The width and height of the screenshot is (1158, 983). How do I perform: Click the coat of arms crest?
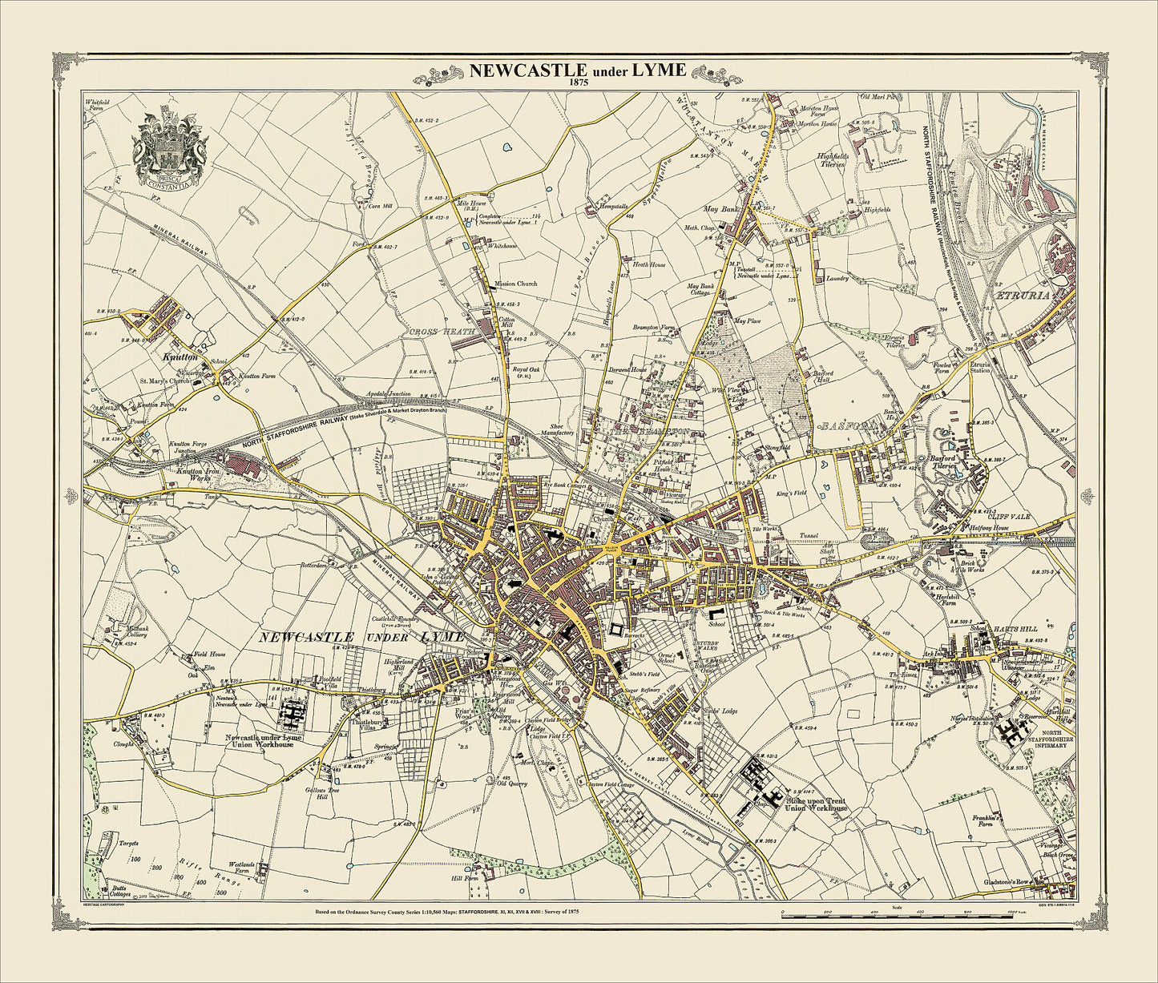coord(170,150)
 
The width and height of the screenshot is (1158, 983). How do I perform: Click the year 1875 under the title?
coord(577,82)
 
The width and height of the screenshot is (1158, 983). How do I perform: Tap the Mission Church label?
coord(516,284)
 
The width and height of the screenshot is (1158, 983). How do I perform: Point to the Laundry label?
coord(838,279)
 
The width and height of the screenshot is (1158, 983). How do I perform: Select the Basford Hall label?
coord(823,377)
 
